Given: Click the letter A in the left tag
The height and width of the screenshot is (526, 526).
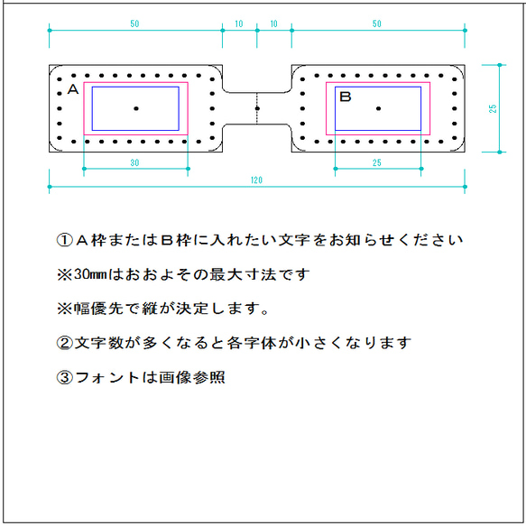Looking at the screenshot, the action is pos(73,89).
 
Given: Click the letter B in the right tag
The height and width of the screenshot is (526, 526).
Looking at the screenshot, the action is pos(346,97).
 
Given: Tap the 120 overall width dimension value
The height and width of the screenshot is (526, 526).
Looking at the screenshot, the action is pos(256,180).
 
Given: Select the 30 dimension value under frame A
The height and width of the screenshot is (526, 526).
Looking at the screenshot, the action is pos(134,162).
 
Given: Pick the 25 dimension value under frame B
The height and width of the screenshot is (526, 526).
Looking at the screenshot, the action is pos(377,162).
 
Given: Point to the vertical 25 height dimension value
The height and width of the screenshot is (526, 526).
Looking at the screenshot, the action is pos(493,108).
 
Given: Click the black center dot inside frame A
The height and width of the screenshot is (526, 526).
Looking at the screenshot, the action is pos(136,108).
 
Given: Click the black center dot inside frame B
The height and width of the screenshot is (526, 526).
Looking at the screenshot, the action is pos(378,108).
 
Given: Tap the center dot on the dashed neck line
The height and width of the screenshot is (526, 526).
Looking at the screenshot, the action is pos(257,108).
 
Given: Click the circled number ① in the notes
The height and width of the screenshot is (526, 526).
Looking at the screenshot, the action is pos(65,240).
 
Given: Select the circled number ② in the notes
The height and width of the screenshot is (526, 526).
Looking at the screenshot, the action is pos(65,343).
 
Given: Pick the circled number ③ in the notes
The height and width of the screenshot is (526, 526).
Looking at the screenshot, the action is pos(65,377).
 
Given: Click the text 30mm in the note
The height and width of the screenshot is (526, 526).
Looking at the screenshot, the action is pos(90,274).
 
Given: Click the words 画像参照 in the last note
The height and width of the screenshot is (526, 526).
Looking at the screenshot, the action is pos(192,377).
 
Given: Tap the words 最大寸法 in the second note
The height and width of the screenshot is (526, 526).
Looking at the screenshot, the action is pos(244,274).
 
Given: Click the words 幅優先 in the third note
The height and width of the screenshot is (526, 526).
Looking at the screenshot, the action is pos(98,309).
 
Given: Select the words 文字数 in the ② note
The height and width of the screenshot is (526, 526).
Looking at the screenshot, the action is pos(99,343).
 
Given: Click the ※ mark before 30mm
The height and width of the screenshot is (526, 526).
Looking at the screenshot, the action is pos(65,275).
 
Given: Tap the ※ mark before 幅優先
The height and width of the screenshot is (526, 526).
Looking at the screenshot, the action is pos(65,309).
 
